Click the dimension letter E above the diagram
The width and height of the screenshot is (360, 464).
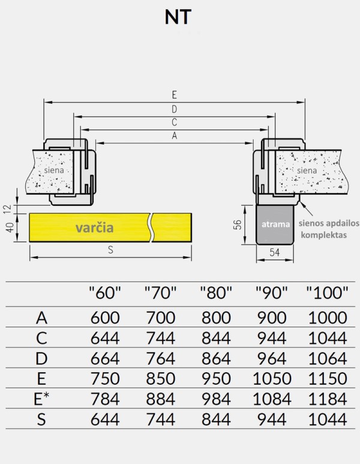point(174,95)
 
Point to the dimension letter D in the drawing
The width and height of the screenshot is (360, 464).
point(174,109)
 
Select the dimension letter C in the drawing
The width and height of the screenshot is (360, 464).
point(174,122)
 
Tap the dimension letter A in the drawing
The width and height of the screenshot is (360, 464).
point(174,136)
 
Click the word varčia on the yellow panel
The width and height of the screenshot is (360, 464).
point(94,227)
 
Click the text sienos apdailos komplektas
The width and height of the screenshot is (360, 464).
point(329,229)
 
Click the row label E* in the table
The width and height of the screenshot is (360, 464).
point(41,398)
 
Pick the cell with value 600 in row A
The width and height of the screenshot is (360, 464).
point(105,318)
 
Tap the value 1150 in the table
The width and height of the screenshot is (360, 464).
point(327,378)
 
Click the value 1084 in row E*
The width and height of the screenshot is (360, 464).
point(272,398)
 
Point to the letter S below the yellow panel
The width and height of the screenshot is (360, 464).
point(110,251)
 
